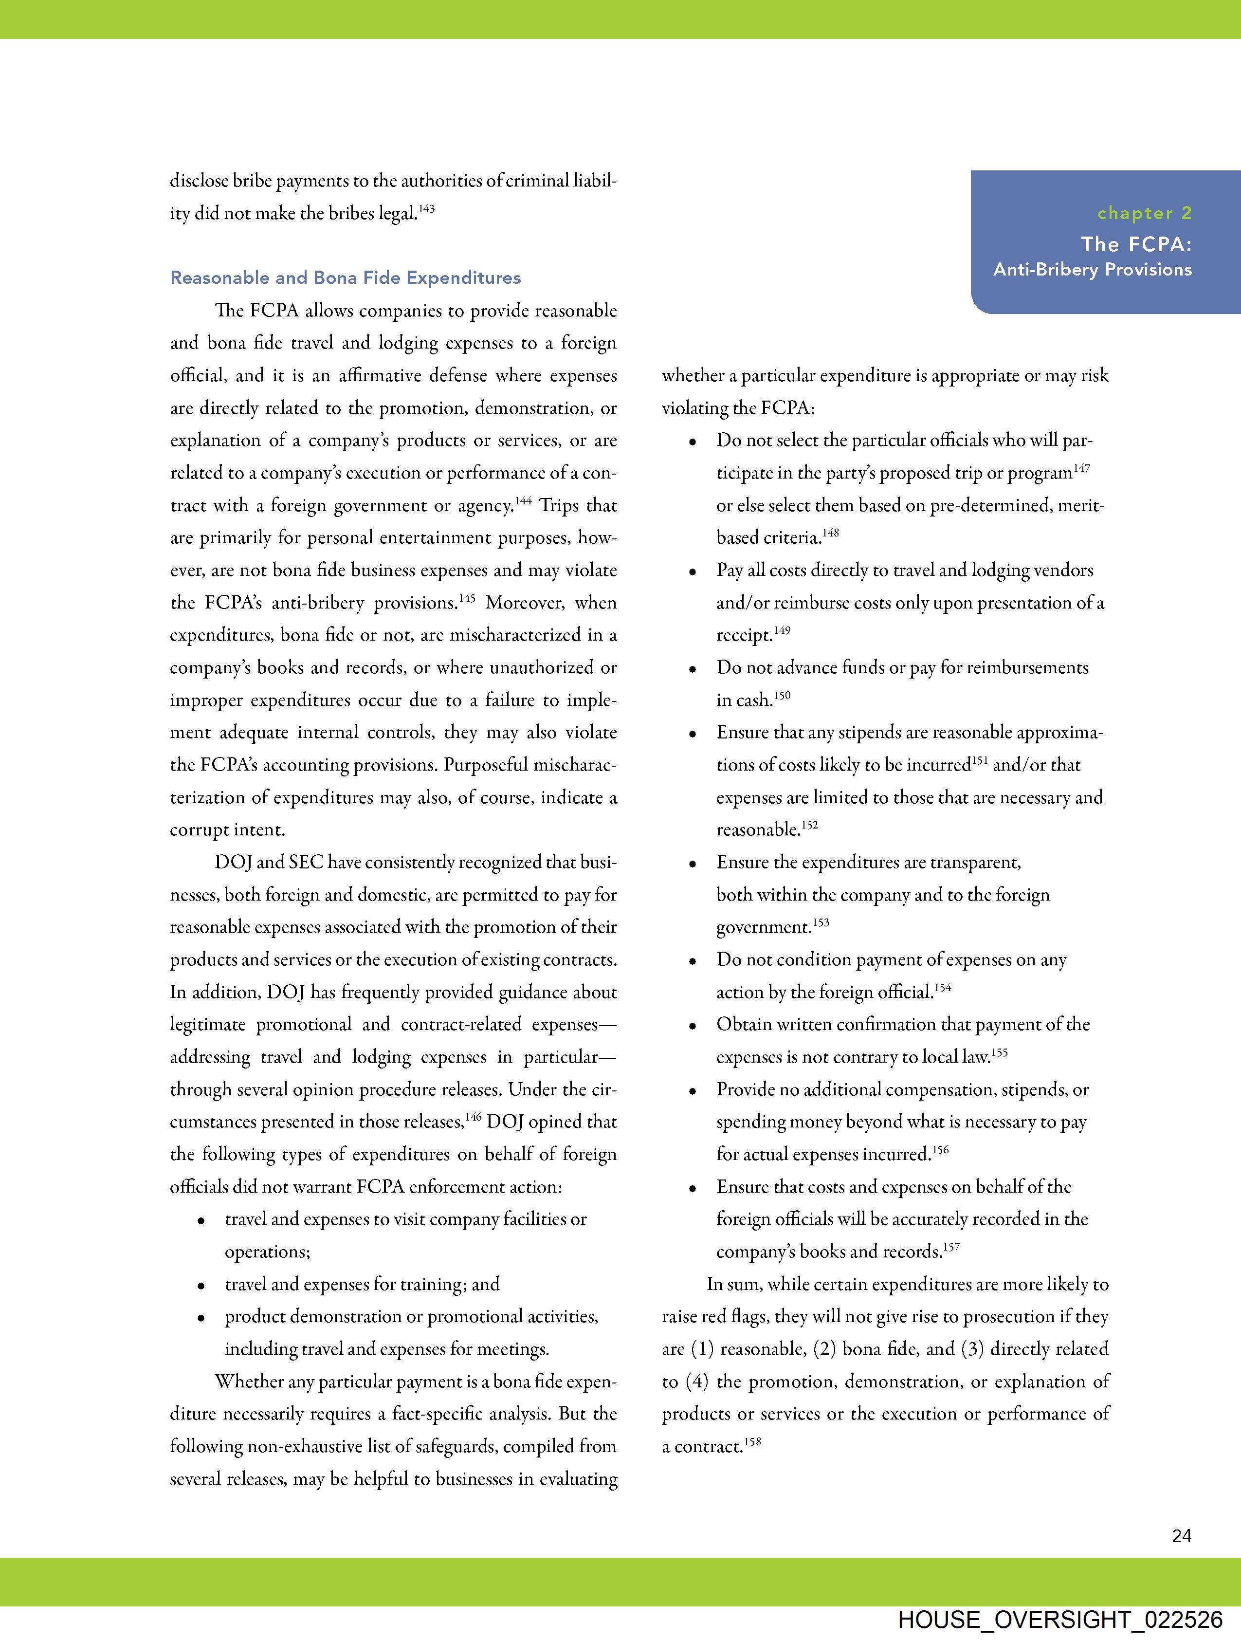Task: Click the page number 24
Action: point(1182,1535)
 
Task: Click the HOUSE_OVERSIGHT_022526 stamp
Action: point(1060,1619)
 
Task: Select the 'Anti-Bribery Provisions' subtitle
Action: point(1092,270)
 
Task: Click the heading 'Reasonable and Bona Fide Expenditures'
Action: point(346,278)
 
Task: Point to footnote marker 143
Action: point(426,209)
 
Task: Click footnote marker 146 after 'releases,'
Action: point(474,1117)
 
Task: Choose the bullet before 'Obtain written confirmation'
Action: point(693,1027)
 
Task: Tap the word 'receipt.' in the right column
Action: point(744,635)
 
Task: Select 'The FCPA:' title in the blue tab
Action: point(1136,244)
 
